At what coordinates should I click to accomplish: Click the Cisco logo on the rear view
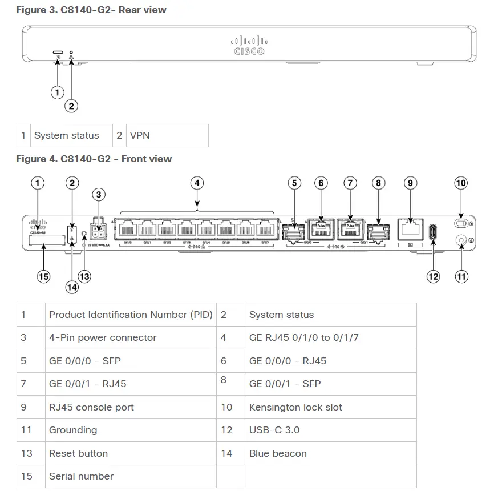click(249, 46)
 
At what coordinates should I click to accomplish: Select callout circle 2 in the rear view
click(71, 106)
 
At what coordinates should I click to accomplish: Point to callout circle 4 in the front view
click(197, 183)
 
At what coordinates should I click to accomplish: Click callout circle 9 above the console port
click(410, 183)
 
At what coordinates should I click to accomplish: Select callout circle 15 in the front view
click(43, 276)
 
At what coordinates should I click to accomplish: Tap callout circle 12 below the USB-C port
click(434, 276)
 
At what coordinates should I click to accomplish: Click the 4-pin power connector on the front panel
click(100, 231)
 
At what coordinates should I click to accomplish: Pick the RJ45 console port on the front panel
click(410, 230)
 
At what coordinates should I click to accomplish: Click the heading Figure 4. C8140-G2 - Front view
click(94, 159)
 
